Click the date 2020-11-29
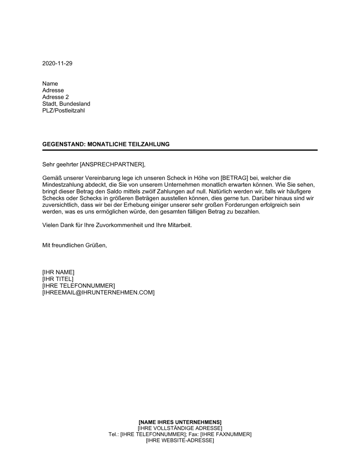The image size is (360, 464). (x=57, y=63)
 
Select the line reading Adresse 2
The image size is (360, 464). (x=55, y=97)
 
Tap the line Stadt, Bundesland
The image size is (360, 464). (x=66, y=104)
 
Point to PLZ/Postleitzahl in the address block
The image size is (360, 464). (x=63, y=110)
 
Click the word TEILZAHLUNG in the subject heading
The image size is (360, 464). (x=149, y=144)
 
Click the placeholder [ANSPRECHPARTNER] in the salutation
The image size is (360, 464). (x=112, y=164)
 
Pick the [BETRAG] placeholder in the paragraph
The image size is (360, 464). (x=234, y=178)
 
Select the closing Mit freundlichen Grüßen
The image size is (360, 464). (x=75, y=245)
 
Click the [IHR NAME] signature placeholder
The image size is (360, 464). (x=58, y=272)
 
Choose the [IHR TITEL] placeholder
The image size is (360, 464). (x=58, y=279)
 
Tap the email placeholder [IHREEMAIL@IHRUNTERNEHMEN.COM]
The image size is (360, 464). (x=98, y=292)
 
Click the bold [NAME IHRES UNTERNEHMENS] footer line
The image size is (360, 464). (x=180, y=422)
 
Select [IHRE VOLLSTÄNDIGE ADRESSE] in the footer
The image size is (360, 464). (x=180, y=428)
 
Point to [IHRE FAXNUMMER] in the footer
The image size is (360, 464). (x=226, y=434)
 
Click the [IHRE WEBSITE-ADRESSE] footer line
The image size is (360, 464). (x=180, y=440)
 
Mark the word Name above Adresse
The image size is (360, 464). (x=50, y=84)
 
